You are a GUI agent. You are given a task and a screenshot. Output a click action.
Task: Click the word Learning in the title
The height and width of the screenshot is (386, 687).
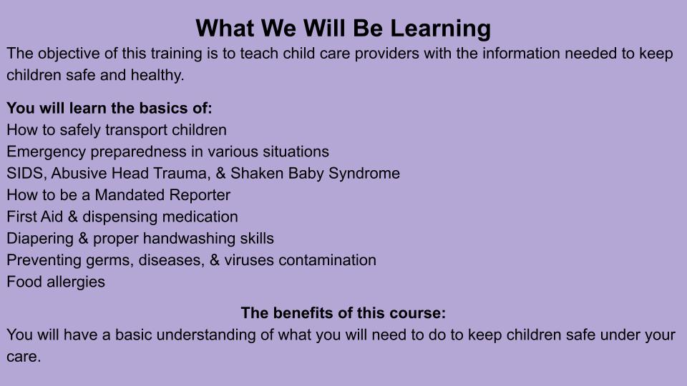440,29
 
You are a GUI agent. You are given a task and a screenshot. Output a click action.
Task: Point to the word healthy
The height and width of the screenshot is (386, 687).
157,75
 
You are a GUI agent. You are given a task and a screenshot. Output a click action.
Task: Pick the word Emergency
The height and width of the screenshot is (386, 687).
47,152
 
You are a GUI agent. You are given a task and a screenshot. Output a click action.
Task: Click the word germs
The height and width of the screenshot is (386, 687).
109,260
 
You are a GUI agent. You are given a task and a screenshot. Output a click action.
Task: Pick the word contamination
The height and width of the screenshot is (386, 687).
327,260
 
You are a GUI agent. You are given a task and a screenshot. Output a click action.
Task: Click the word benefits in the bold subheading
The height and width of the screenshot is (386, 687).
297,313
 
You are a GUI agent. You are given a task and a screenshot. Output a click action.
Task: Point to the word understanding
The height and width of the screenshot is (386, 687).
206,335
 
